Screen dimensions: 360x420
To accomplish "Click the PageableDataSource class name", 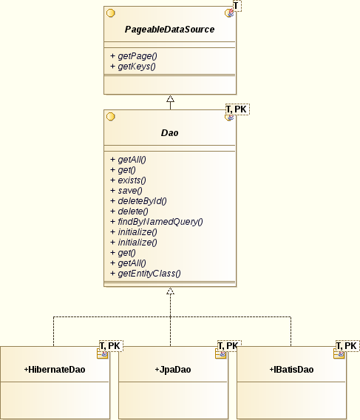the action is click(x=169, y=30).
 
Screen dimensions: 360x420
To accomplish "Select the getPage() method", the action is click(x=133, y=56).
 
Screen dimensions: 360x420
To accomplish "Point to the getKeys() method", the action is click(x=133, y=67).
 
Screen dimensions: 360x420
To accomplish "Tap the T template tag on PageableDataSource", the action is click(x=237, y=6).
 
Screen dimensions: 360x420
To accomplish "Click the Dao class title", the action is click(x=169, y=133).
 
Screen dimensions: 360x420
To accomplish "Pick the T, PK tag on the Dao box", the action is click(x=237, y=109).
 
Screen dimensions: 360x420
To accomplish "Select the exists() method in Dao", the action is click(x=128, y=180).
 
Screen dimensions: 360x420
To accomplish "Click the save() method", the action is click(x=126, y=191).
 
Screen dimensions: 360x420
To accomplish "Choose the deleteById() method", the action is click(x=138, y=201).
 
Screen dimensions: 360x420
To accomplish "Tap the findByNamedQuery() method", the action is click(x=157, y=222).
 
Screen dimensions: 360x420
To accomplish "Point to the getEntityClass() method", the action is click(x=146, y=274).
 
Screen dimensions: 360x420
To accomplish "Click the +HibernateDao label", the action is click(x=55, y=370).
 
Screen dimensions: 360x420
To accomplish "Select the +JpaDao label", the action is click(x=173, y=370).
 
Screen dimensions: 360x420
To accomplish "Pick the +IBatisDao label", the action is click(x=291, y=370).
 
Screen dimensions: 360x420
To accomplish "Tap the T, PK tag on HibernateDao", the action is click(x=111, y=346).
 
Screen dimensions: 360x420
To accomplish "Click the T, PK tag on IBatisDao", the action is click(x=347, y=346).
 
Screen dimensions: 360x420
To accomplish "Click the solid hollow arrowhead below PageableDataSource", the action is click(x=170, y=98).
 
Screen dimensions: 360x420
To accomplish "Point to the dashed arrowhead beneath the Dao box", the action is click(x=170, y=291).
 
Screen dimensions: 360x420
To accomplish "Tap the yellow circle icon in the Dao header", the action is click(x=111, y=117).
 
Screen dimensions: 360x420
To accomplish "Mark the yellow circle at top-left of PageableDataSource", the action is click(x=111, y=13).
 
